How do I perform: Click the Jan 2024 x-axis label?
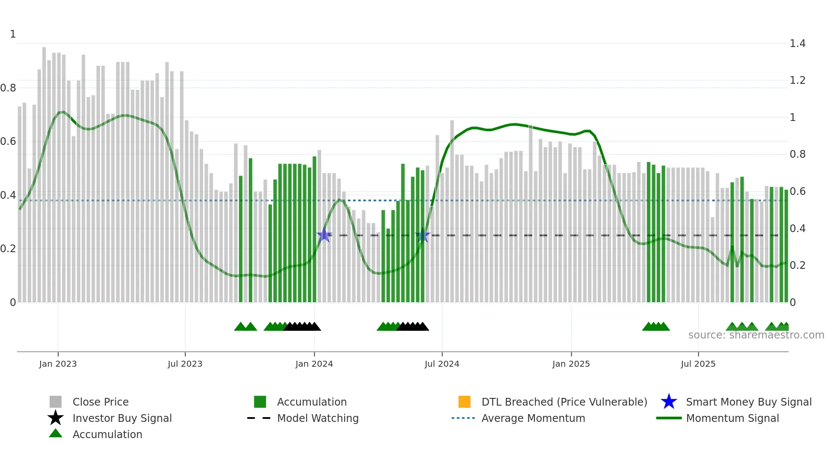[314, 364]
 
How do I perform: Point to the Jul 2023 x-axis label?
[185, 364]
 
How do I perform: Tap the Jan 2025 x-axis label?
[571, 364]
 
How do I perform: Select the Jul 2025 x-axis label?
[698, 364]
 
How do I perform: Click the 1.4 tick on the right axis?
[797, 44]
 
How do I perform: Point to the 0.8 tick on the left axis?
[8, 88]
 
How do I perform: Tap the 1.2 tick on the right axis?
[797, 80]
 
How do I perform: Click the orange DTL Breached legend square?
[464, 402]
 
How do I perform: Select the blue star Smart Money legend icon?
[669, 402]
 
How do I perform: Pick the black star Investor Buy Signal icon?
[56, 418]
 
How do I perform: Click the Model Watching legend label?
[318, 418]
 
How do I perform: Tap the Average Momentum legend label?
[533, 418]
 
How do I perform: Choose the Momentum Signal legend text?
[732, 418]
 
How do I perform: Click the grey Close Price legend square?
[56, 402]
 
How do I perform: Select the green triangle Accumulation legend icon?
[56, 433]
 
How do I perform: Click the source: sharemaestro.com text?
[756, 335]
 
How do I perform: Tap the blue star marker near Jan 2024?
[324, 235]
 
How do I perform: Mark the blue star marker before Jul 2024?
[422, 235]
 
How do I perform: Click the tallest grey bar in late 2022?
[44, 171]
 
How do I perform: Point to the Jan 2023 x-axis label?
[58, 364]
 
